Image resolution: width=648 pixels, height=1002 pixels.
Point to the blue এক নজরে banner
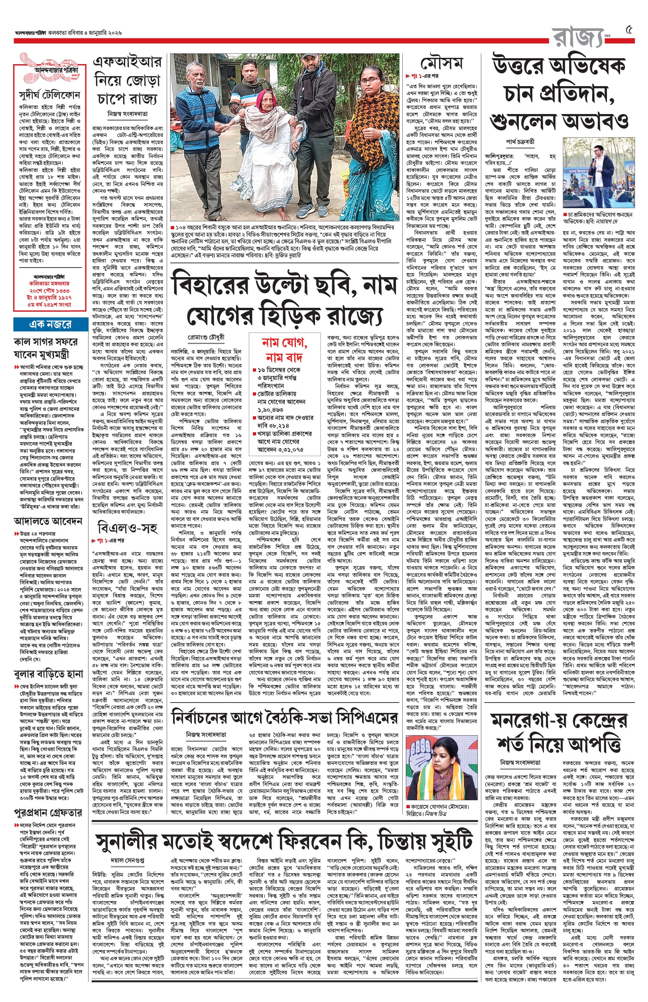50,324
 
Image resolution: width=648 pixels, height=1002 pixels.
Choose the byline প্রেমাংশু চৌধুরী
206,337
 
